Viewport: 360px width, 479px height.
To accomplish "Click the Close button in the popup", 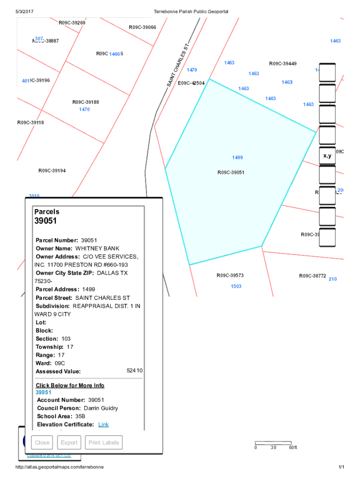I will (x=42, y=443).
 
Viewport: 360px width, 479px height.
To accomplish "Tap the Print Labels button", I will (x=105, y=443).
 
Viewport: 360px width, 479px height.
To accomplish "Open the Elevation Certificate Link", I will (x=103, y=424).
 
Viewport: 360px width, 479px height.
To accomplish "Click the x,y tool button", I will (x=327, y=156).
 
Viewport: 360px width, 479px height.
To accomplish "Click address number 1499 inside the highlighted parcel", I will (x=237, y=158).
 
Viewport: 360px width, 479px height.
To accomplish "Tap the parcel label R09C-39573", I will (x=230, y=276).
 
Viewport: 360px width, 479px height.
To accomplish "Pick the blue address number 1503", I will (x=236, y=286).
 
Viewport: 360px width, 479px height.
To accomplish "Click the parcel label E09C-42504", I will (x=191, y=83).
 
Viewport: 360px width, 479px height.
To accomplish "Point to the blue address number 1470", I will (x=85, y=109).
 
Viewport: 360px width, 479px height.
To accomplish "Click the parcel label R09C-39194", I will (x=52, y=171).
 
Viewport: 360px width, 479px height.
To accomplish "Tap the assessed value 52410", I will (x=135, y=370).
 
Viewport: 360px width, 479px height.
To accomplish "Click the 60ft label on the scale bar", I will (x=293, y=448).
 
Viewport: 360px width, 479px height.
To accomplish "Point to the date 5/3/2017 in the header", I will (x=24, y=11).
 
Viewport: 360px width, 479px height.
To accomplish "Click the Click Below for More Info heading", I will (x=70, y=385).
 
